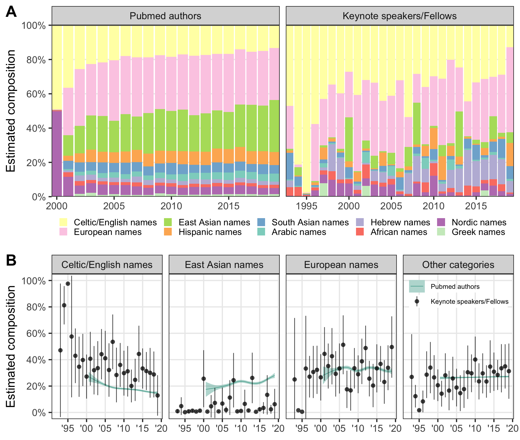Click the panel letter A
pyautogui.click(x=11, y=12)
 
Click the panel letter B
pyautogui.click(x=11, y=261)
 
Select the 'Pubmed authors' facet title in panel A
pyautogui.click(x=165, y=16)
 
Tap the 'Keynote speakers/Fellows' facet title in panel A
pyautogui.click(x=399, y=16)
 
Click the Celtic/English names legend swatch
pyautogui.click(x=63, y=222)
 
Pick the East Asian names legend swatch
pyautogui.click(x=168, y=222)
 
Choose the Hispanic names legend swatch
pyautogui.click(x=168, y=232)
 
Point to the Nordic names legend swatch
pyautogui.click(x=441, y=222)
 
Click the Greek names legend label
pyautogui.click(x=478, y=232)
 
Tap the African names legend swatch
pyautogui.click(x=360, y=232)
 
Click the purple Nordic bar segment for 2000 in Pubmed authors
pyautogui.click(x=57, y=153)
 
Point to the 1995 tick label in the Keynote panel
pyautogui.click(x=307, y=206)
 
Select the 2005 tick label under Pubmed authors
pyautogui.click(x=114, y=206)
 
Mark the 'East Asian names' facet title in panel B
pyautogui.click(x=224, y=265)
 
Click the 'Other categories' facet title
pyautogui.click(x=458, y=265)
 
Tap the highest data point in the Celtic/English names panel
pyautogui.click(x=68, y=284)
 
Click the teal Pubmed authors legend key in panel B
pyautogui.click(x=417, y=286)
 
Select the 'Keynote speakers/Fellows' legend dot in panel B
pyautogui.click(x=417, y=301)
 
